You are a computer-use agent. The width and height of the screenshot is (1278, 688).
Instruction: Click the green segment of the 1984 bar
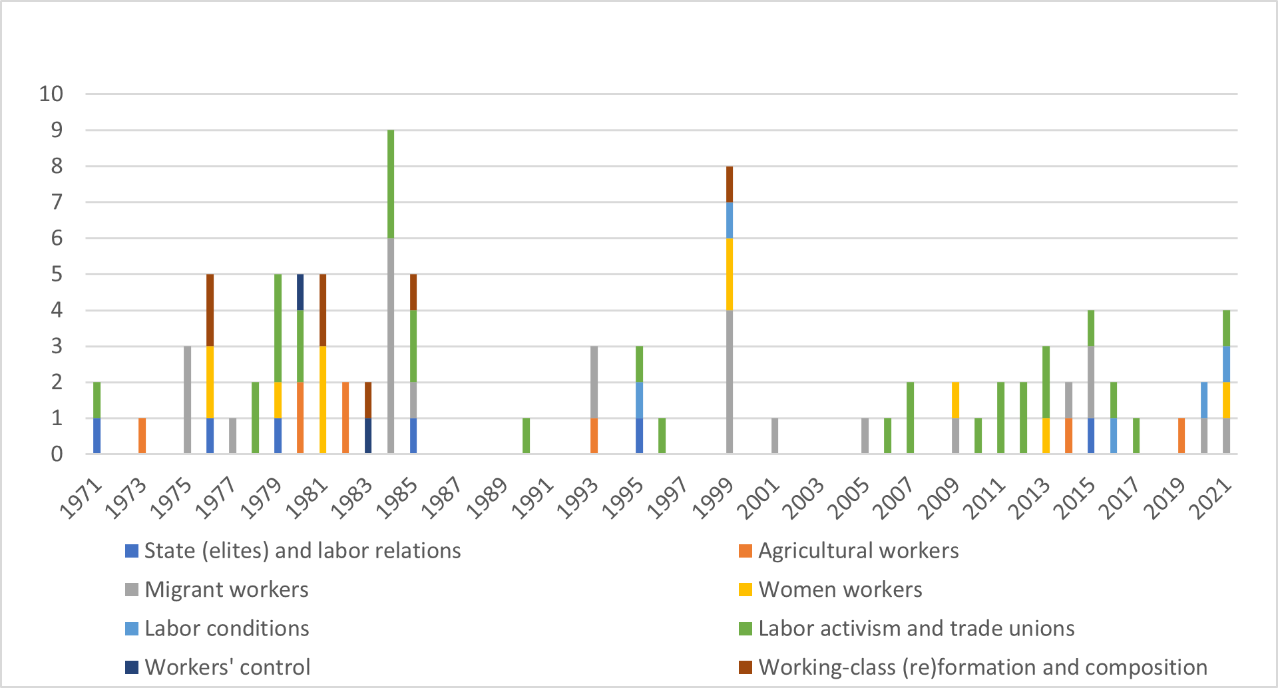coord(391,184)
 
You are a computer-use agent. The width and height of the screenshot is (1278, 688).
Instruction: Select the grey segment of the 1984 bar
coord(391,346)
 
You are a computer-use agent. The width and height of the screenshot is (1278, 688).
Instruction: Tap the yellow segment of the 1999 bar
coord(730,274)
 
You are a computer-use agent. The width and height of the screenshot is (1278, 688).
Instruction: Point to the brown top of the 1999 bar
coord(730,184)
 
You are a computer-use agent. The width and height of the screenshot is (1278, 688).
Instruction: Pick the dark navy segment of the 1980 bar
coord(300,292)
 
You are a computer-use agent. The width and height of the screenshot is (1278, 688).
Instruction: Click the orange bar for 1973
coord(142,436)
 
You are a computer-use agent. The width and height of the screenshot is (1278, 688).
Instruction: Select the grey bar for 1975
coord(187,400)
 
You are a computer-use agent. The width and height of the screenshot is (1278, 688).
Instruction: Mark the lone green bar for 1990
coord(527,436)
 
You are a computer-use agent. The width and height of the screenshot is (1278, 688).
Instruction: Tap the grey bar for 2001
coord(775,436)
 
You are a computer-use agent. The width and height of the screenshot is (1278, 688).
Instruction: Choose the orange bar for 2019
coord(1181,436)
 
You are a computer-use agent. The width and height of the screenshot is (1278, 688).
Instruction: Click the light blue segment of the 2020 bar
coord(1204,400)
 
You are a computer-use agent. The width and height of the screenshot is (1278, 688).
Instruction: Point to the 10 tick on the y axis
coord(51,94)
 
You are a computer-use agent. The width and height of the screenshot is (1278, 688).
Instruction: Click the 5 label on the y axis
coord(57,274)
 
